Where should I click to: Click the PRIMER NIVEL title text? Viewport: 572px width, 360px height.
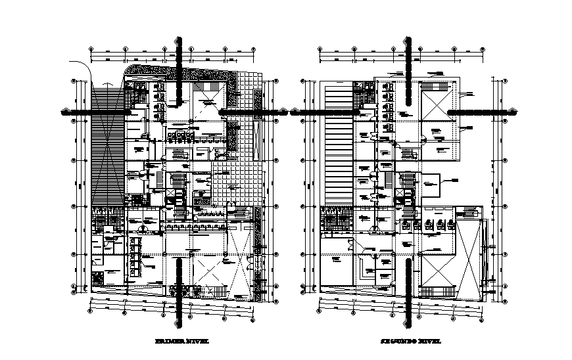[x=179, y=342]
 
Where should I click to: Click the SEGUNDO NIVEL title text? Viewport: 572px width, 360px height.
[x=408, y=342]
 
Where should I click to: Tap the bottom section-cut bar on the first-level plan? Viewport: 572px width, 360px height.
[x=179, y=289]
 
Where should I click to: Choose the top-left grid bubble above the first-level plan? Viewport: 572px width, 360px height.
[x=91, y=49]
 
